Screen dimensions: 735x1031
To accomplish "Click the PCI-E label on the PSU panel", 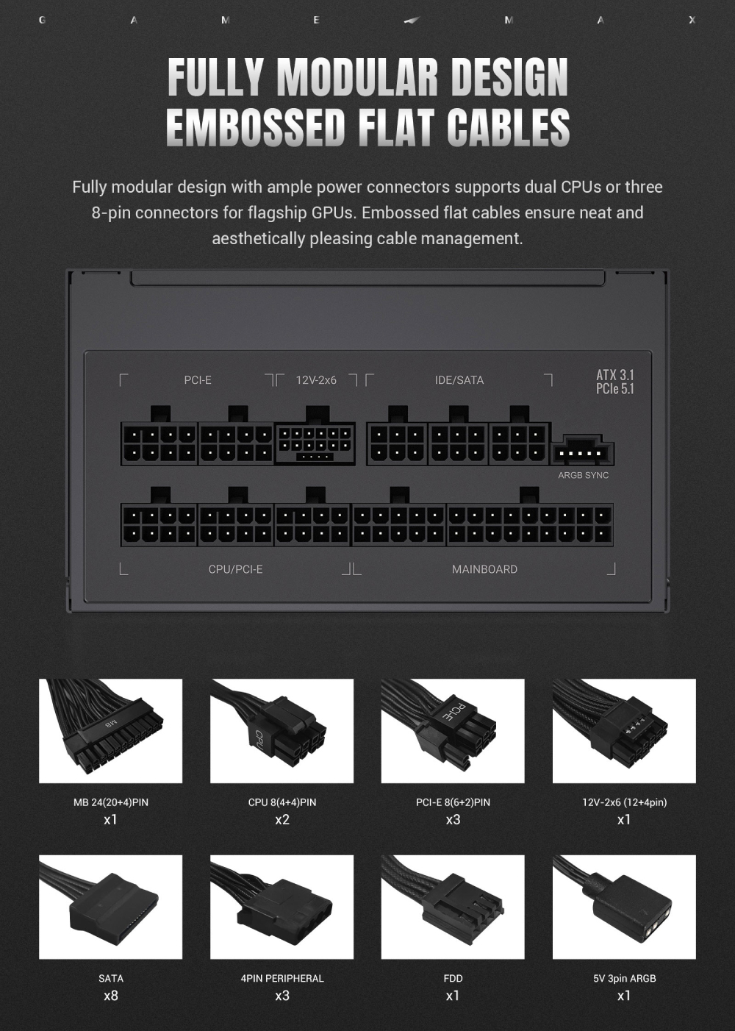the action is pos(198,380).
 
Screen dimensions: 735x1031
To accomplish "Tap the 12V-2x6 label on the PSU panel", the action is pos(316,380).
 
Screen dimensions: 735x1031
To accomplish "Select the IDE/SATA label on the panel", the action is pos(459,380).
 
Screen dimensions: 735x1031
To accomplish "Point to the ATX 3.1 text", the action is pos(615,374).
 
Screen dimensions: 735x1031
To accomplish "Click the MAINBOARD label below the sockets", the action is pos(484,569).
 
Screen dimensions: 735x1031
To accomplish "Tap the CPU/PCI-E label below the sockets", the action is pos(235,569).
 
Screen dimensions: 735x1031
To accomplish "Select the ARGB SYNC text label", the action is pos(583,475).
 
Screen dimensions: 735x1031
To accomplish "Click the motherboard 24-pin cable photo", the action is pos(110,731).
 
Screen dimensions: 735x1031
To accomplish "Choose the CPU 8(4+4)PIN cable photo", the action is pos(282,731).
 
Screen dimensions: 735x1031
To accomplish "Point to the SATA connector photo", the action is pos(110,907).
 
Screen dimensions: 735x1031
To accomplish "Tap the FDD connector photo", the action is pos(453,907).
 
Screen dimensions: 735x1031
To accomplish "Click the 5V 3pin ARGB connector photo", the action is pos(624,907).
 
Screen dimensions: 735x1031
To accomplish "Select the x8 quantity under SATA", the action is pos(111,996).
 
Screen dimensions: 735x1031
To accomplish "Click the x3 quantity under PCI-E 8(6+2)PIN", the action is pos(453,820).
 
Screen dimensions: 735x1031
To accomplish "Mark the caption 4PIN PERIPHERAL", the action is pos(282,978).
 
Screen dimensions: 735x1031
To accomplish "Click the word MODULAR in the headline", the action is pos(357,77).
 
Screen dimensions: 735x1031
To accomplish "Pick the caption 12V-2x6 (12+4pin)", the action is pos(624,802).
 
